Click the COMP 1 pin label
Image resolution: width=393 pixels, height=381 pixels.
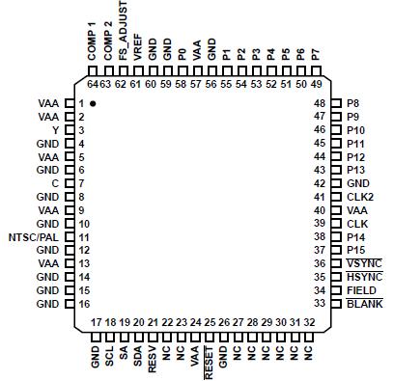(92, 41)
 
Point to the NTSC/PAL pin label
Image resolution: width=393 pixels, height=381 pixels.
(35, 236)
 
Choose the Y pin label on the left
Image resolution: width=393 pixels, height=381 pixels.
(56, 129)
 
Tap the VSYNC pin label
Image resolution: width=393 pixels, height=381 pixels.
(363, 263)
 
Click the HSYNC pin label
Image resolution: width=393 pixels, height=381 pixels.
(363, 277)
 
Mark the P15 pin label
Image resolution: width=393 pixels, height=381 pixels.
(355, 250)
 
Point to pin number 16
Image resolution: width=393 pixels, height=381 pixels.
(83, 304)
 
